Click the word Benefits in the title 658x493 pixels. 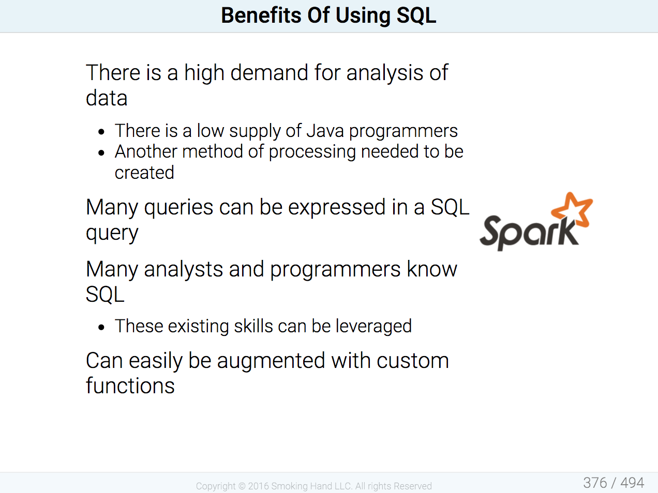[x=261, y=16]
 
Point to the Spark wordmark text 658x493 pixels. [x=530, y=232]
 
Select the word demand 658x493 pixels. [x=269, y=72]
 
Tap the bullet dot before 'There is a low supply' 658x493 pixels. [x=101, y=132]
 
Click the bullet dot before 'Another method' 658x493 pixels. [x=101, y=152]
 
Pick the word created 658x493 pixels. [x=144, y=173]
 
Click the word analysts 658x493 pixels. [x=184, y=269]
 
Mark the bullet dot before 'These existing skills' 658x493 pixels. [x=101, y=327]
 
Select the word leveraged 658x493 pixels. [x=373, y=327]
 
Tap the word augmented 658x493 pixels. [x=271, y=361]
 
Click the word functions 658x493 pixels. [x=130, y=386]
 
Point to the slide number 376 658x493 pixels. [x=595, y=483]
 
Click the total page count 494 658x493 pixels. [x=632, y=483]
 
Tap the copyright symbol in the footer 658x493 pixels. [x=242, y=486]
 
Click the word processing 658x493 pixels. [x=312, y=152]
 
